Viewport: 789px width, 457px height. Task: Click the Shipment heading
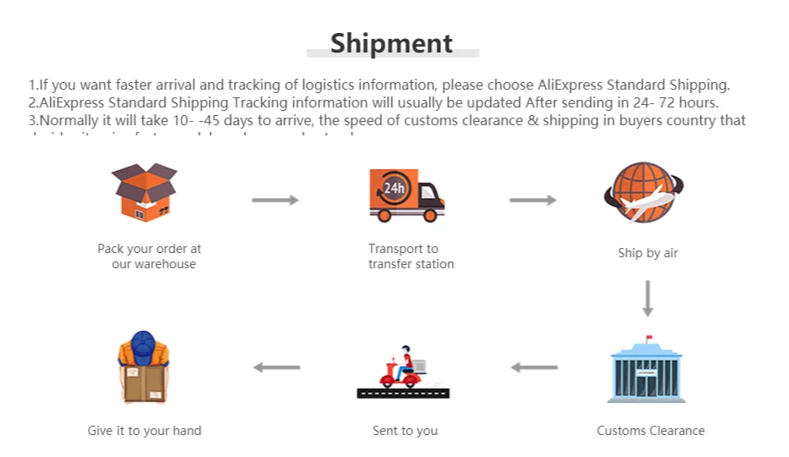(391, 43)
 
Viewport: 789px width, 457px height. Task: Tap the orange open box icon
(145, 192)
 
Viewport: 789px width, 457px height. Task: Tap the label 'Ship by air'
(648, 253)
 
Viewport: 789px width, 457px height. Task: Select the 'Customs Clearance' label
(650, 431)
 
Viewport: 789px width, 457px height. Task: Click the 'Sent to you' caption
(405, 431)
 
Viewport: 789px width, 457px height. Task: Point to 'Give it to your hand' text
(144, 431)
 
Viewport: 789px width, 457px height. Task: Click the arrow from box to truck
(275, 200)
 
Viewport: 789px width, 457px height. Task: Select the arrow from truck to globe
(532, 200)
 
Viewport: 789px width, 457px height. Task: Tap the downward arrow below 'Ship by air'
(648, 298)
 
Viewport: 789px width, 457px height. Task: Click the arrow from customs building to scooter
(534, 367)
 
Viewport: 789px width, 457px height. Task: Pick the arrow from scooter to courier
(277, 367)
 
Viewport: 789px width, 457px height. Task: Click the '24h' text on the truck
(394, 188)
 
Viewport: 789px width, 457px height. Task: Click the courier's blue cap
(143, 342)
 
